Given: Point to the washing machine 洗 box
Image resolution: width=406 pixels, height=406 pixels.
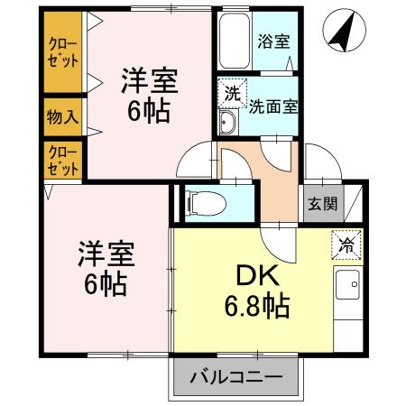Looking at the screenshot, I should [232, 93].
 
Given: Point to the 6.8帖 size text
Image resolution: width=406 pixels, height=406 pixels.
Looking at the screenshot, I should [256, 309].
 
